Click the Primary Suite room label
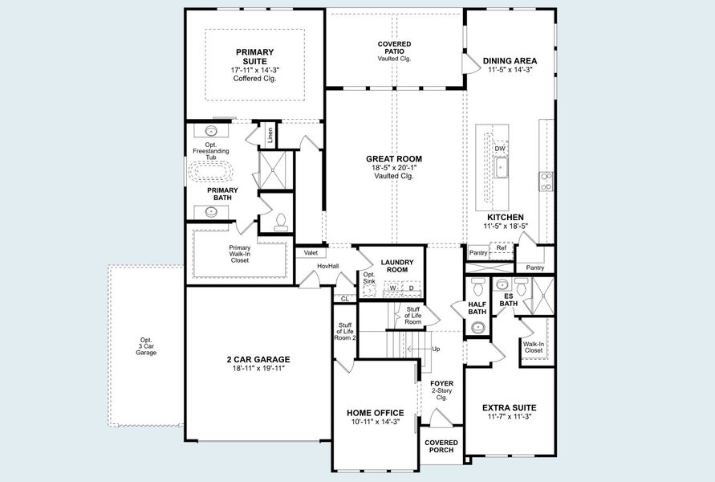click(254, 56)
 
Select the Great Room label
click(393, 159)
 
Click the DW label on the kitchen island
click(500, 149)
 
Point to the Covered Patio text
click(394, 47)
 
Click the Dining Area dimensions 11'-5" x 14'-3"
click(510, 70)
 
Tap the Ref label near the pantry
click(501, 248)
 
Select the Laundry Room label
click(396, 266)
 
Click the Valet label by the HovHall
click(311, 252)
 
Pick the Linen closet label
click(270, 134)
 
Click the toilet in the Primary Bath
click(280, 220)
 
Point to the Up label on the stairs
click(436, 349)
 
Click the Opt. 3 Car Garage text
click(145, 346)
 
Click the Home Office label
click(375, 413)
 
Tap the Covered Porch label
click(441, 446)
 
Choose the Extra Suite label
click(509, 407)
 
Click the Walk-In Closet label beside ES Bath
click(534, 347)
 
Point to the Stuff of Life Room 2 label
click(343, 331)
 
